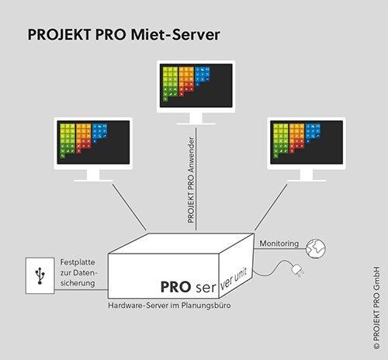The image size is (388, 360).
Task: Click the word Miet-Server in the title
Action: point(175,35)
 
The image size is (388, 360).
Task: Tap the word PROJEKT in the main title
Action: point(59,35)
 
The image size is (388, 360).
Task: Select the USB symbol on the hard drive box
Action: point(40,276)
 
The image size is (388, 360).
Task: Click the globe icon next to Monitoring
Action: point(316,248)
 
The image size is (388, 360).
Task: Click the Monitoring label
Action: point(279,244)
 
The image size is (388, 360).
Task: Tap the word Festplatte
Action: point(78,262)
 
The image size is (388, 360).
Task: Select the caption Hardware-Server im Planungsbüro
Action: point(169,306)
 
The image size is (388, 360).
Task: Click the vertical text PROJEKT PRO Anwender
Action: point(191,180)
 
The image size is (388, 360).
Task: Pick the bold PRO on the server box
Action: point(176,287)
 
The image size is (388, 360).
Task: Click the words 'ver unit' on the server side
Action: point(234,279)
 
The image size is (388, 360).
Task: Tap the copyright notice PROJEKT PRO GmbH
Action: point(376,308)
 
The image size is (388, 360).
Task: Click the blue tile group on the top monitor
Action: point(203,75)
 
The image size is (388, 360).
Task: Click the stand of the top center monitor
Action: point(196,119)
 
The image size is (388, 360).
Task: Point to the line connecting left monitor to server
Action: point(130,207)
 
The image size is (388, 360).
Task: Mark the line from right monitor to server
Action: point(271,207)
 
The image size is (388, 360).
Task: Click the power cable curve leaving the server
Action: point(272,269)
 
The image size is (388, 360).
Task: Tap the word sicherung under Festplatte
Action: point(78,283)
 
